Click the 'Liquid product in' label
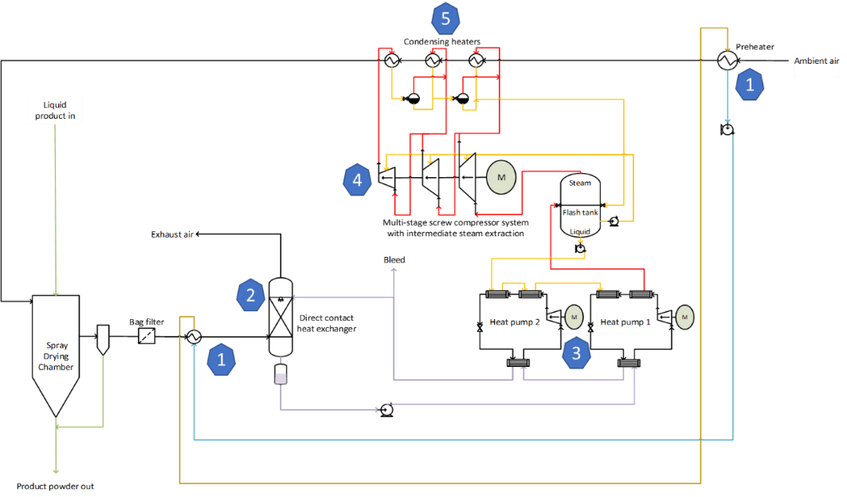click(x=55, y=110)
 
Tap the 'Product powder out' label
click(x=55, y=486)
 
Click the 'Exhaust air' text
click(x=172, y=235)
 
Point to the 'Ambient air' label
click(x=817, y=61)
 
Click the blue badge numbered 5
click(x=445, y=18)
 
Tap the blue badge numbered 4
click(x=357, y=180)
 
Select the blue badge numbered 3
click(x=576, y=353)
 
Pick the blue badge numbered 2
click(x=250, y=296)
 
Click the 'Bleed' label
click(x=394, y=260)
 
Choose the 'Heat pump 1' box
click(x=625, y=322)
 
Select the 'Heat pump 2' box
click(x=515, y=322)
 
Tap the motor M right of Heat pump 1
click(x=684, y=318)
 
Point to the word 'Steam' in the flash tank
click(x=580, y=183)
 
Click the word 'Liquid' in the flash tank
click(x=580, y=231)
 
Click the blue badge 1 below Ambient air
click(x=749, y=85)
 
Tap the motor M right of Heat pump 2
click(x=574, y=318)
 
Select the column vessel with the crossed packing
click(x=280, y=317)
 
